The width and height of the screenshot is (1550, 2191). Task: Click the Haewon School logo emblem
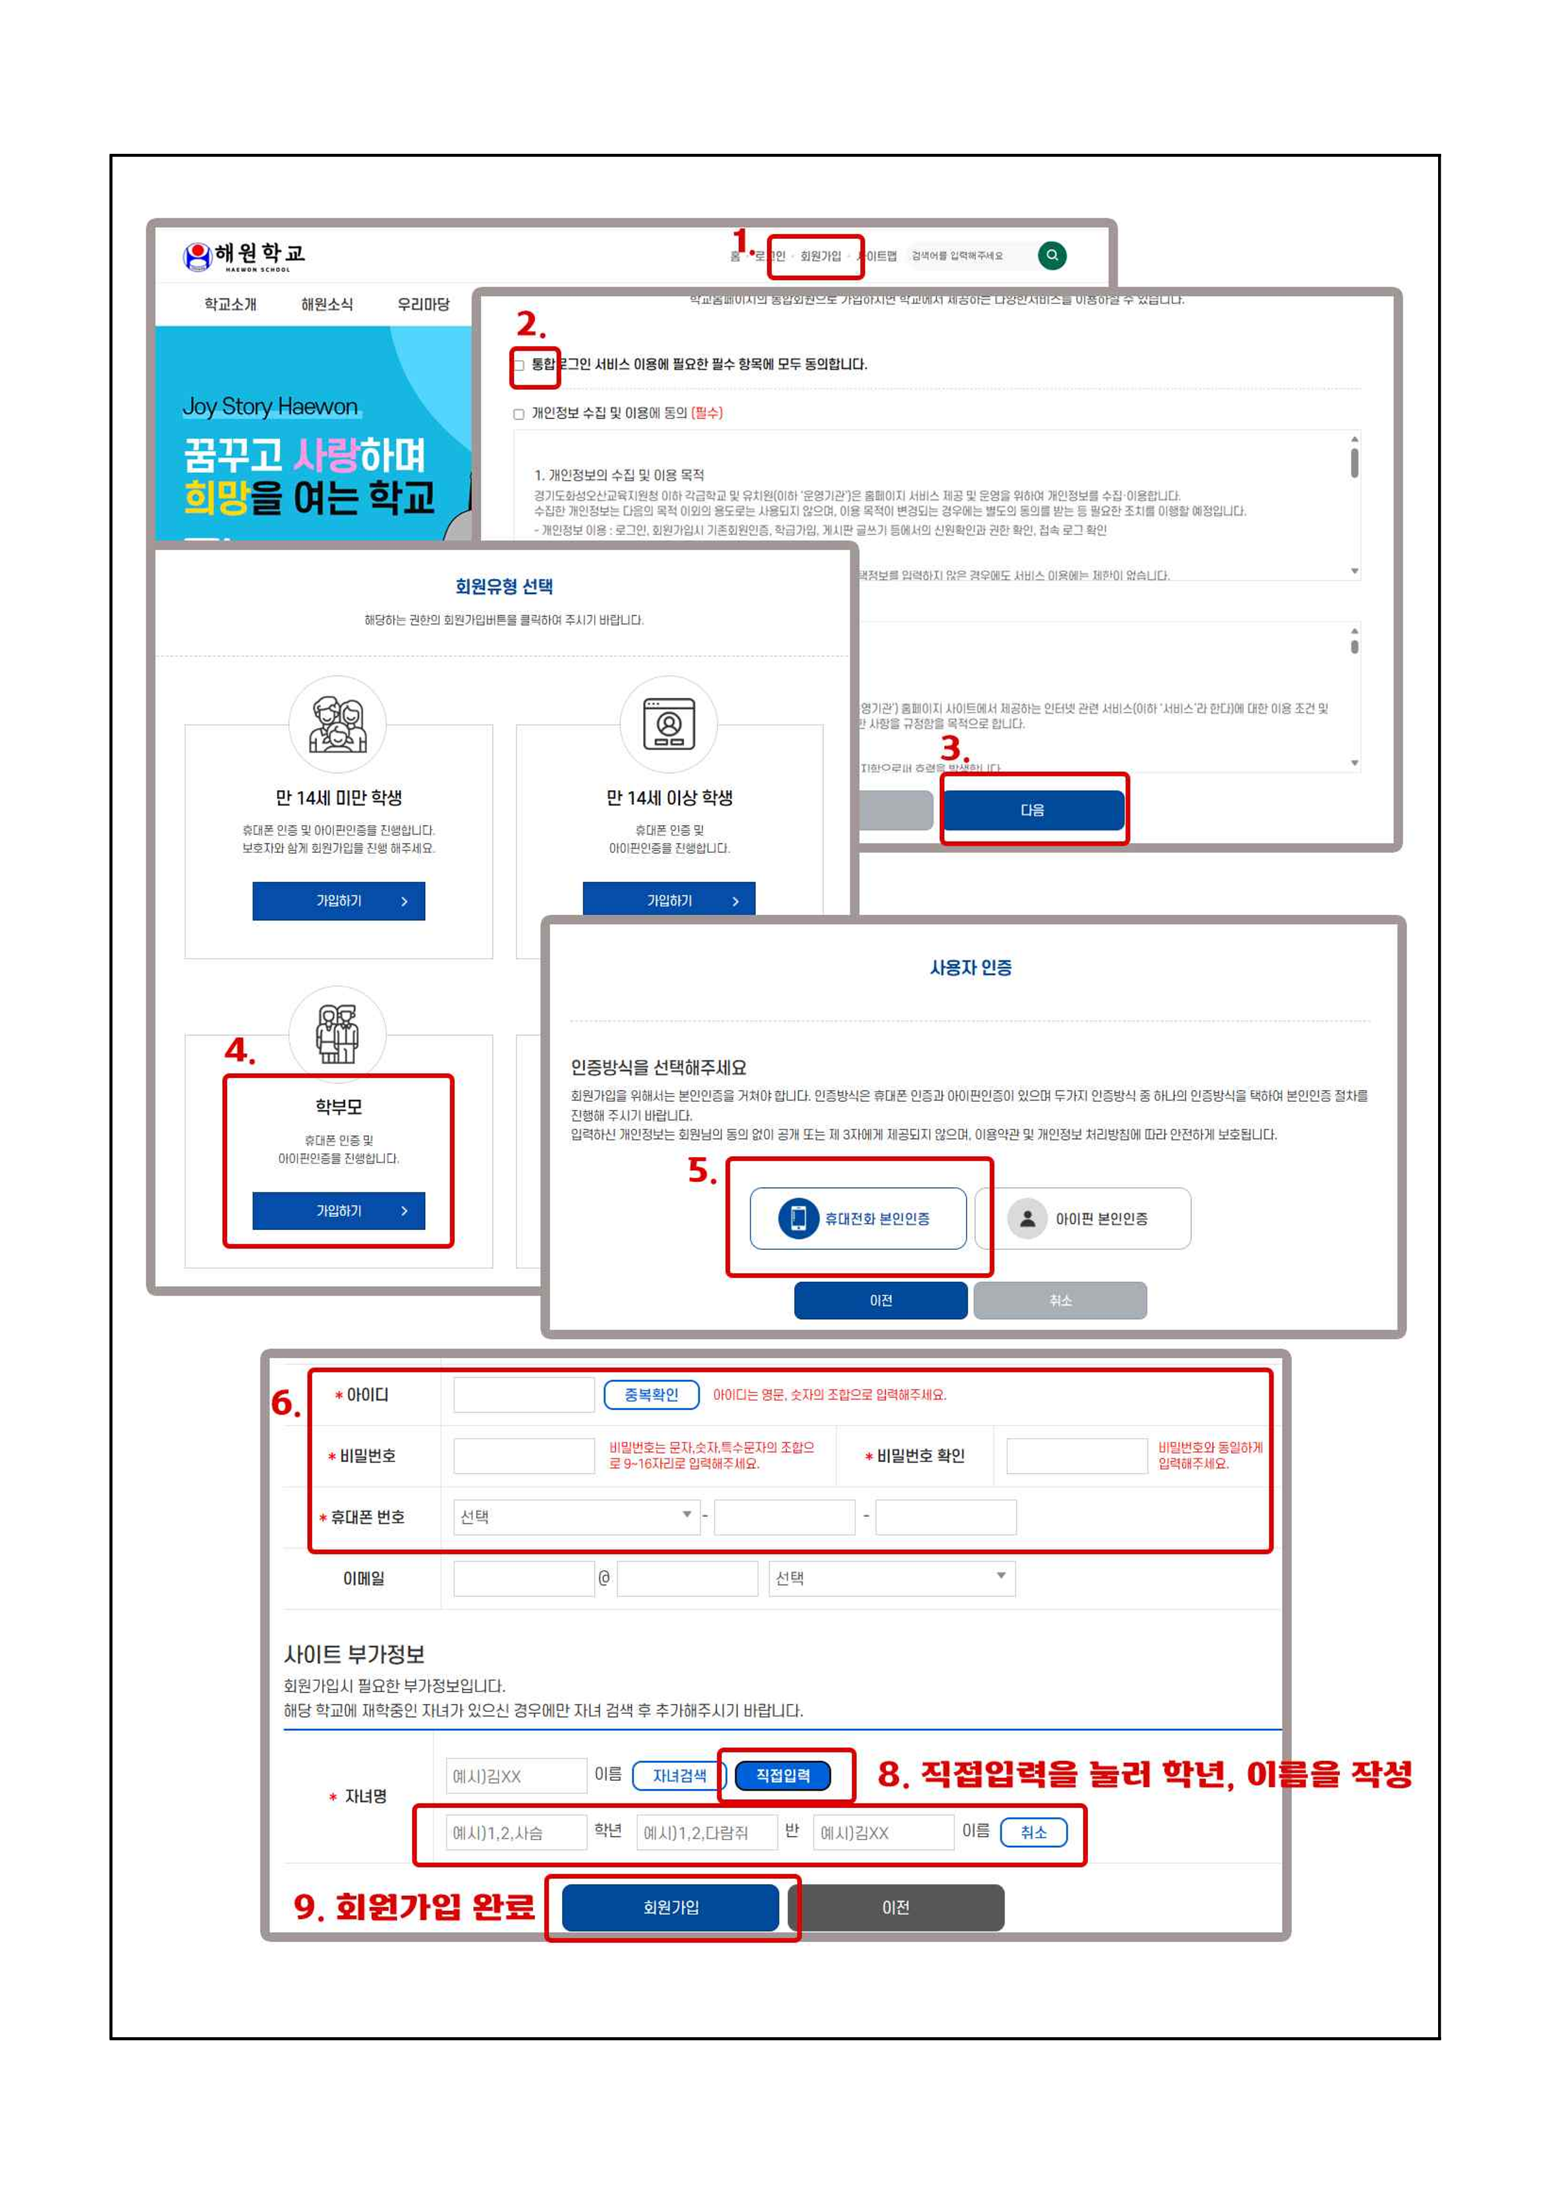(198, 256)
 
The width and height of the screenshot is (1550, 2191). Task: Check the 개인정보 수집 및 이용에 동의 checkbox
(519, 414)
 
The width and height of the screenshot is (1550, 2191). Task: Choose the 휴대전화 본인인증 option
(857, 1219)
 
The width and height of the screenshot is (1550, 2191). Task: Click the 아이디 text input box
(523, 1395)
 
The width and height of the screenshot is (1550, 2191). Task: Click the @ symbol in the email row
(604, 1578)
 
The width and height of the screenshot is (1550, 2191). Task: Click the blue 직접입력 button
(783, 1775)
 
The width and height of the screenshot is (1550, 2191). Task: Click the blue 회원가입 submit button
(670, 1908)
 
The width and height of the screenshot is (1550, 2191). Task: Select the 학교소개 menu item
(230, 305)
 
